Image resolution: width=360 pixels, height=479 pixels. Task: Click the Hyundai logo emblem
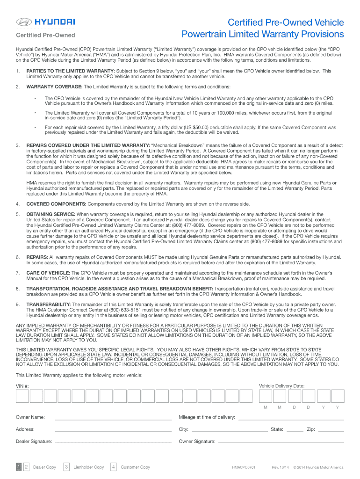coord(23,22)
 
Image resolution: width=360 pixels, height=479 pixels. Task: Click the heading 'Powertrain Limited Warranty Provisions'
coord(262,34)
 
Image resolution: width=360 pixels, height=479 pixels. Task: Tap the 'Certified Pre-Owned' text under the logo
coord(45,35)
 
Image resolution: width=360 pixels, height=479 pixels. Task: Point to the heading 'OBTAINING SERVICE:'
coord(51,214)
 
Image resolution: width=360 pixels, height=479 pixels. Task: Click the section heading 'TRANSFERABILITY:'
coord(49,305)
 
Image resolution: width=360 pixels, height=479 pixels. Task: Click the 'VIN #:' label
coord(22,386)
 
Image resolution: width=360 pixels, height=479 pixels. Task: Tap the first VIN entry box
coord(22,396)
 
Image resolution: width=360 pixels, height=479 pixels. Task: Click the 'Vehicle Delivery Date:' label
coord(281,386)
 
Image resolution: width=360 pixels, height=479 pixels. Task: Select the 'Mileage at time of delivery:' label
coord(207,417)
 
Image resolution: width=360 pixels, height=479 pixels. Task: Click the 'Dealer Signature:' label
coord(34,441)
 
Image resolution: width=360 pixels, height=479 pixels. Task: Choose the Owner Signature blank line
coord(281,443)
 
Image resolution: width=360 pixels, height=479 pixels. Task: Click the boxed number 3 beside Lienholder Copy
coord(67,466)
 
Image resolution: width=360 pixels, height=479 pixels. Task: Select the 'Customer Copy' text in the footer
coord(135,467)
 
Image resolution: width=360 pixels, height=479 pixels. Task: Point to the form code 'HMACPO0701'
coord(244,467)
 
